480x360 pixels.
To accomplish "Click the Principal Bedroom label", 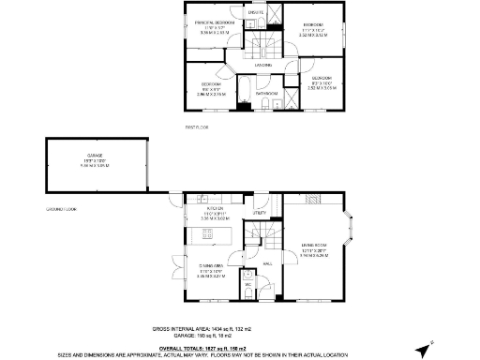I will pyautogui.click(x=214, y=21).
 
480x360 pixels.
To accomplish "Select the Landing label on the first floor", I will pyautogui.click(x=264, y=65).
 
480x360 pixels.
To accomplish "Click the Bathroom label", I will pyautogui.click(x=266, y=94).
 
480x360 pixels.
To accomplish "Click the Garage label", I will pyautogui.click(x=95, y=155).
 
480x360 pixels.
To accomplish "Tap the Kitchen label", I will pyautogui.click(x=216, y=209).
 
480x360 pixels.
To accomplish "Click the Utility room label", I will pyautogui.click(x=260, y=214).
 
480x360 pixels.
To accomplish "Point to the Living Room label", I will pyautogui.click(x=314, y=247).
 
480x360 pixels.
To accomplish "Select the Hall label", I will pyautogui.click(x=267, y=265).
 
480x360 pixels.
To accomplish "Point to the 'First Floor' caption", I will pyautogui.click(x=197, y=125).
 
